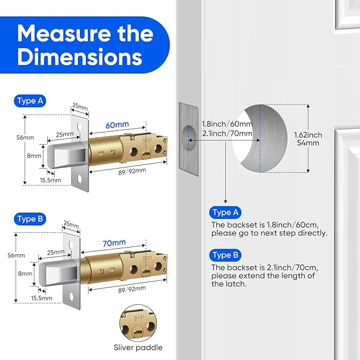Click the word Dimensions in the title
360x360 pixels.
(80, 57)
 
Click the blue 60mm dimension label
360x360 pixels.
(117, 125)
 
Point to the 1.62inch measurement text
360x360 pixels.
(308, 135)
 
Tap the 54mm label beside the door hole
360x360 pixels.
(308, 143)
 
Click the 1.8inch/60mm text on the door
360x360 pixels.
(226, 124)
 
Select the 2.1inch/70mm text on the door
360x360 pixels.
(226, 133)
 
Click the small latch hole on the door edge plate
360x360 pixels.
(187, 136)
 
